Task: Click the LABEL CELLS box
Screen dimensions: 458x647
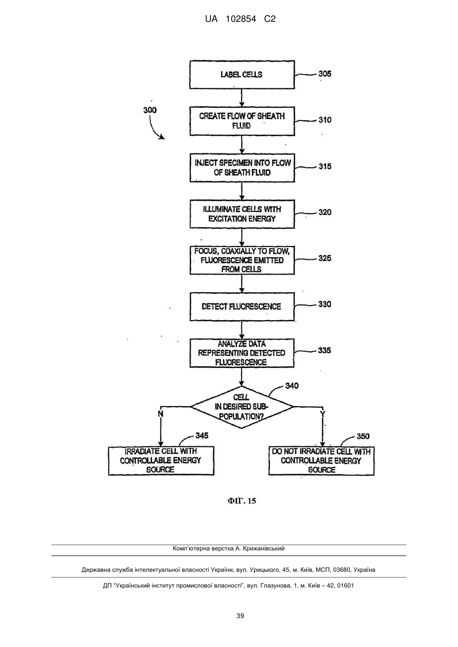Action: (242, 75)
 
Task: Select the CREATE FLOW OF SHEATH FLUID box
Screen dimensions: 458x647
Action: (242, 121)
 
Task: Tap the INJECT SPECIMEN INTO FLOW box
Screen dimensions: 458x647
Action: (242, 168)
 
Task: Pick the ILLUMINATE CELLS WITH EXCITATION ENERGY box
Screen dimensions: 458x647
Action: (242, 214)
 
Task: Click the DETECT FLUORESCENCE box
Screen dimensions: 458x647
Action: (242, 306)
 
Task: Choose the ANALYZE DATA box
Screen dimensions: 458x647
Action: (242, 353)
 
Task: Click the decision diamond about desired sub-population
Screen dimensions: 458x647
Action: (241, 407)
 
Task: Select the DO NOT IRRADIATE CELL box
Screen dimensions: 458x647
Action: (322, 460)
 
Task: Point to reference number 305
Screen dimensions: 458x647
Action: (325, 74)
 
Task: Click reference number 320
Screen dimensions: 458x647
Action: (325, 212)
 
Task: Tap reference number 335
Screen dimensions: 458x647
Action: (324, 350)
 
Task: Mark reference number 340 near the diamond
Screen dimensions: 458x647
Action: (292, 386)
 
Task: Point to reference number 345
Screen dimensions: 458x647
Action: (202, 436)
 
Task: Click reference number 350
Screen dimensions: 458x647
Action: (363, 436)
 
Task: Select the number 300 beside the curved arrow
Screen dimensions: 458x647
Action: (150, 110)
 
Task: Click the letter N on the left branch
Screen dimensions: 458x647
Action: (161, 414)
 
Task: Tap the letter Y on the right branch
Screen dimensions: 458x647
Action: (323, 415)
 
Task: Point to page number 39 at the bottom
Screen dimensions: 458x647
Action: (240, 616)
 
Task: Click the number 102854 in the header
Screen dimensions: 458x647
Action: (241, 19)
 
